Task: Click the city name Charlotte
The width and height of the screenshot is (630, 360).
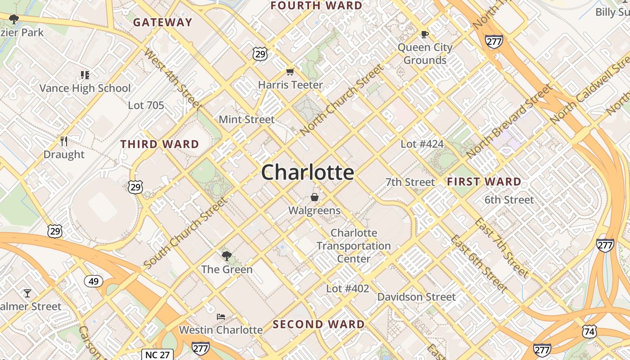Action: pyautogui.click(x=307, y=172)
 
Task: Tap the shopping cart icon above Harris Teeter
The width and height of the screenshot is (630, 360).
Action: pyautogui.click(x=290, y=72)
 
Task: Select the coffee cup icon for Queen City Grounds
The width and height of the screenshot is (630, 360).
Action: pyautogui.click(x=424, y=34)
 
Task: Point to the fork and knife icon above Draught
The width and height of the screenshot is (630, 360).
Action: pyautogui.click(x=64, y=141)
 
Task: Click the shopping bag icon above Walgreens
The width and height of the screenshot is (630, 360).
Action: pyautogui.click(x=315, y=197)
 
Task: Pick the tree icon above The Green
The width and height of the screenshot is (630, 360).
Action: pyautogui.click(x=227, y=256)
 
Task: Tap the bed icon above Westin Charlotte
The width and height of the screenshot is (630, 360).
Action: pyautogui.click(x=220, y=317)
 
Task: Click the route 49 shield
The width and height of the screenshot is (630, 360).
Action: pyautogui.click(x=94, y=282)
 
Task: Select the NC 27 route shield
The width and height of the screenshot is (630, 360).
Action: pyautogui.click(x=157, y=354)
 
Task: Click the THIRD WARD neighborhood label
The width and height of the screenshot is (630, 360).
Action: pyautogui.click(x=160, y=144)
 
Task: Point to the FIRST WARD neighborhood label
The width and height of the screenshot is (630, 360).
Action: pyautogui.click(x=484, y=182)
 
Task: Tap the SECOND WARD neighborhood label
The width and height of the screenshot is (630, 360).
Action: pyautogui.click(x=319, y=324)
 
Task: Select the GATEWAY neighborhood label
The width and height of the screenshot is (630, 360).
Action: pyautogui.click(x=162, y=22)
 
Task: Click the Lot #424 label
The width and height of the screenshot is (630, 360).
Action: pyautogui.click(x=422, y=144)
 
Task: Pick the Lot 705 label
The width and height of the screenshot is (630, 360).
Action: pyautogui.click(x=146, y=105)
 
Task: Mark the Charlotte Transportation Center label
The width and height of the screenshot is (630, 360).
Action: pyautogui.click(x=354, y=246)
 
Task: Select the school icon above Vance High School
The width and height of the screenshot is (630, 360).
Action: pyautogui.click(x=85, y=75)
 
